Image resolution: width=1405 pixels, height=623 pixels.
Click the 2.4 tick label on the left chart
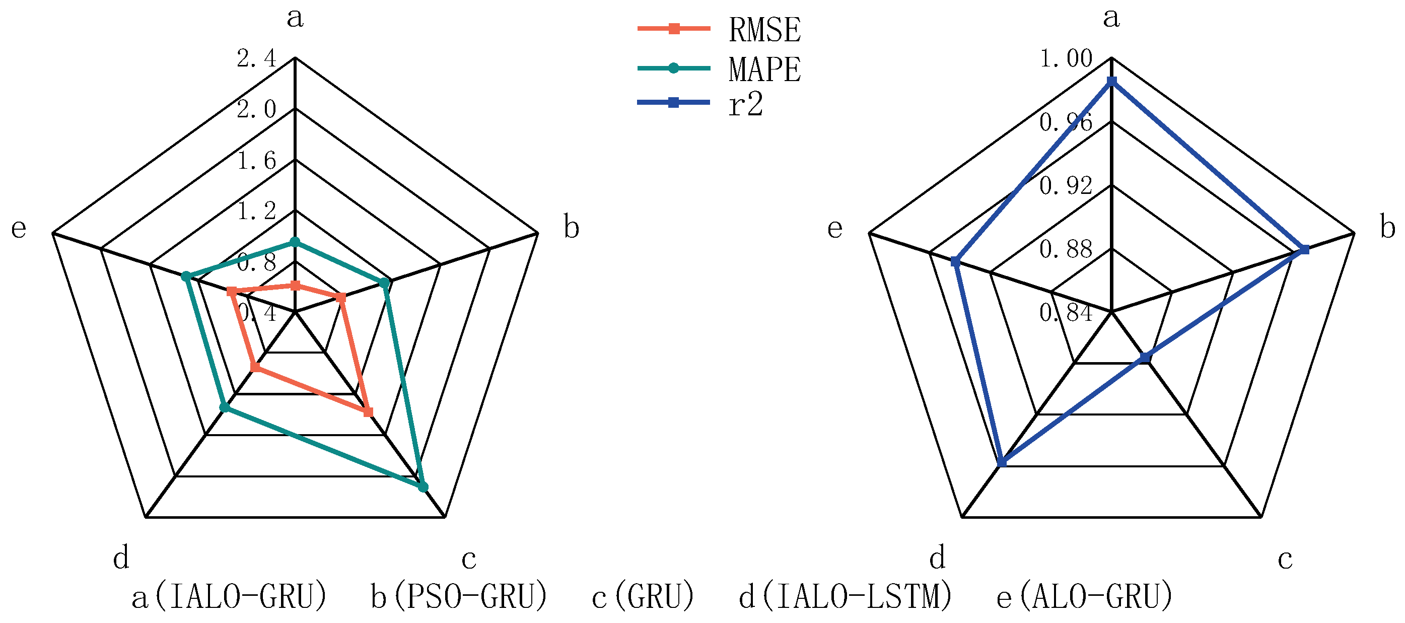[256, 58]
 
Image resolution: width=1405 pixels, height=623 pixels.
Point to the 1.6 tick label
[256, 160]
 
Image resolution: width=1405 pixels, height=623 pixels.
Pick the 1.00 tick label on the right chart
[1066, 58]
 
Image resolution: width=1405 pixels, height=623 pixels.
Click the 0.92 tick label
[1066, 185]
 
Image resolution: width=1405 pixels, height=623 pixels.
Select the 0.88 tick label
[1066, 249]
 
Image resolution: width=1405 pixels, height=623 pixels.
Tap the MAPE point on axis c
[423, 487]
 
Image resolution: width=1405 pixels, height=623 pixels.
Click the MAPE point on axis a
[295, 242]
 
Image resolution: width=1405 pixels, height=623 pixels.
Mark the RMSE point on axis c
[368, 412]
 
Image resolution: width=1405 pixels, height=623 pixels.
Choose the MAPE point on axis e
[186, 276]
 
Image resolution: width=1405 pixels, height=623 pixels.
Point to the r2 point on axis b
[1304, 250]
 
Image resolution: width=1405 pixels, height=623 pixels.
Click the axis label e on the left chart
[19, 228]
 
